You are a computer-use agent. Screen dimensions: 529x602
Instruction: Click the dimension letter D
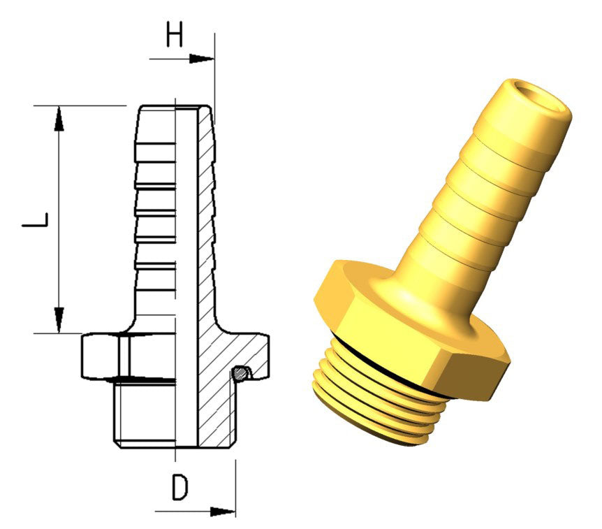click(180, 488)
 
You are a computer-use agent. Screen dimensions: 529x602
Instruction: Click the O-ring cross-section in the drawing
click(242, 372)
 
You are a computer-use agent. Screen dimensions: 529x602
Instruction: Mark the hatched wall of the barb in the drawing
click(207, 210)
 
